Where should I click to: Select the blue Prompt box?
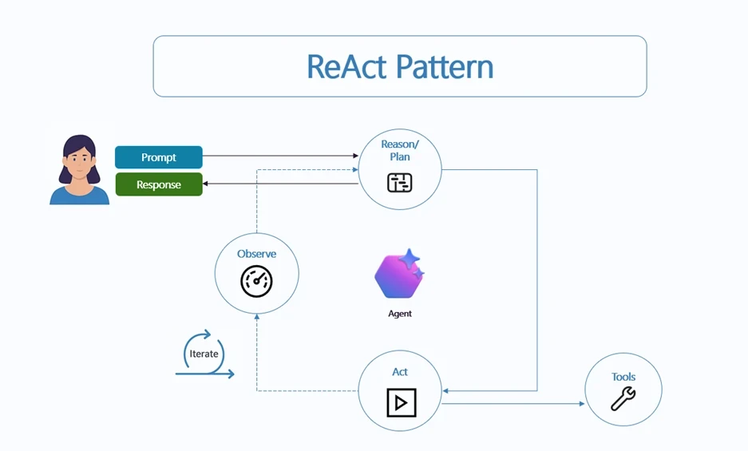159,157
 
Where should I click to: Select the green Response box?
159,184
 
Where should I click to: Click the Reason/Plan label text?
399,150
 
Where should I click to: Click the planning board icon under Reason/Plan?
399,183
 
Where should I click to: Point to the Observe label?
256,254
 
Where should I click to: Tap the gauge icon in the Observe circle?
256,281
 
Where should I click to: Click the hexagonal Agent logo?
398,274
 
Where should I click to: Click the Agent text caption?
399,314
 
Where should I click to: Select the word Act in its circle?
400,372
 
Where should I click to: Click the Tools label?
623,377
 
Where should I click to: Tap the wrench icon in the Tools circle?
623,398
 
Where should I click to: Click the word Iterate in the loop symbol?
204,354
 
